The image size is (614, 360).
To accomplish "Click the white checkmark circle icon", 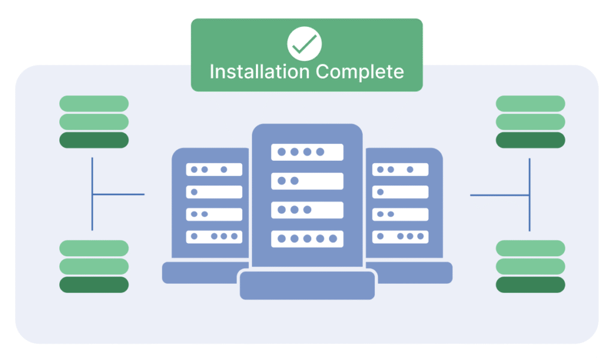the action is point(304,43).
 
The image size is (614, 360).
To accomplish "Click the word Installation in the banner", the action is point(260,71).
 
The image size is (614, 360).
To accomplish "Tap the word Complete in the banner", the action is point(360,72).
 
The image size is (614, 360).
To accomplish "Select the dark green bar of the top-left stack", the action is point(94,140).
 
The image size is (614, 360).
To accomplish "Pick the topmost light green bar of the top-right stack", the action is point(530,103).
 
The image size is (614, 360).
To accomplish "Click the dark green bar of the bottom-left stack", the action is point(94,284).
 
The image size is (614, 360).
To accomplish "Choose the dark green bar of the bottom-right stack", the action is point(530,284).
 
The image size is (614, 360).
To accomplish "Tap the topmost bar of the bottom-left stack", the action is point(94,248).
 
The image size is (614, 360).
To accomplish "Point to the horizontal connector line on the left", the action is point(118,194).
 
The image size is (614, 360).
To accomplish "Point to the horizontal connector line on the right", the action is point(499,194).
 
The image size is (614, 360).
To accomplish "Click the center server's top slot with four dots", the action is point(307,152).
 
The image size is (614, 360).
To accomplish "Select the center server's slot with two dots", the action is point(307,181).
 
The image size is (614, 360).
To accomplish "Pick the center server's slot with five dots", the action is point(307,239).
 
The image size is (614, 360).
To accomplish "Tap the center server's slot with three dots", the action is point(307,210).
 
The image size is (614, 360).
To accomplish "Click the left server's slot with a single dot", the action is point(214,192).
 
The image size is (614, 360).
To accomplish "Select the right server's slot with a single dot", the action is point(400,192).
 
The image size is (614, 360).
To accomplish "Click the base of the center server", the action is point(307,286).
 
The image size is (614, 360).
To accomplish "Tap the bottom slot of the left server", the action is point(214,236).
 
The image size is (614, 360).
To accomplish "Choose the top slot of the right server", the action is point(400,170).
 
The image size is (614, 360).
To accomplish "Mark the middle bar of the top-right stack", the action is point(530,122).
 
